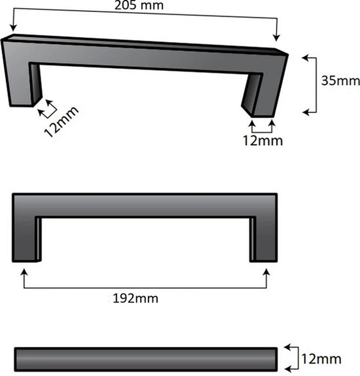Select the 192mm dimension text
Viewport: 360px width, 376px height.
click(x=135, y=298)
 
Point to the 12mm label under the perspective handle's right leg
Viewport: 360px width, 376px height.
click(x=263, y=140)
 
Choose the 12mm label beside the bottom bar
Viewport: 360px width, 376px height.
click(x=321, y=359)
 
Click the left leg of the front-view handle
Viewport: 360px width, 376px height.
click(x=24, y=239)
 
